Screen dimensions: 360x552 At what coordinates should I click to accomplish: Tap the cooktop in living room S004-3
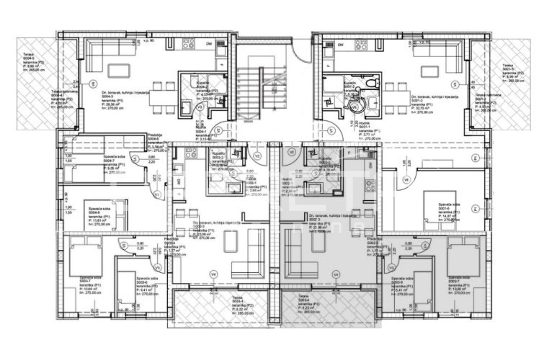pos(188,44)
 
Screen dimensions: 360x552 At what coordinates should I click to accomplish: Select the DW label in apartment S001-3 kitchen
pos(341,45)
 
